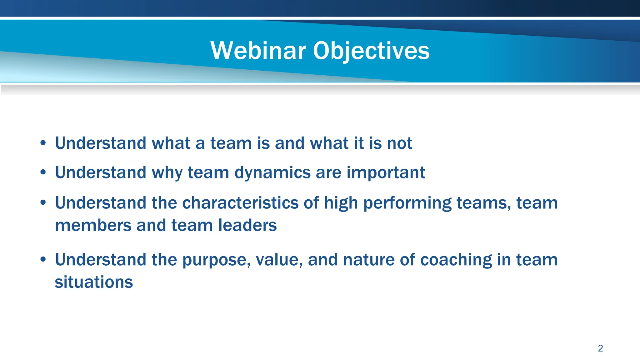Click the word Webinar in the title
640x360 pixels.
click(258, 51)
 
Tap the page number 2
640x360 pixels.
click(600, 348)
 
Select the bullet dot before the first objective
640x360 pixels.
click(43, 143)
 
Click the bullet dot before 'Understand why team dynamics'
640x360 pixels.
click(43, 172)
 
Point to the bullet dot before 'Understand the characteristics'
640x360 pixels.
click(43, 203)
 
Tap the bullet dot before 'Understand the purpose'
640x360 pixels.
click(43, 260)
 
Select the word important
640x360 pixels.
click(386, 172)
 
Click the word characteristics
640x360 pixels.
click(240, 203)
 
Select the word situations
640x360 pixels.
click(94, 282)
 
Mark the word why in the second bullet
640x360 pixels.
click(167, 173)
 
